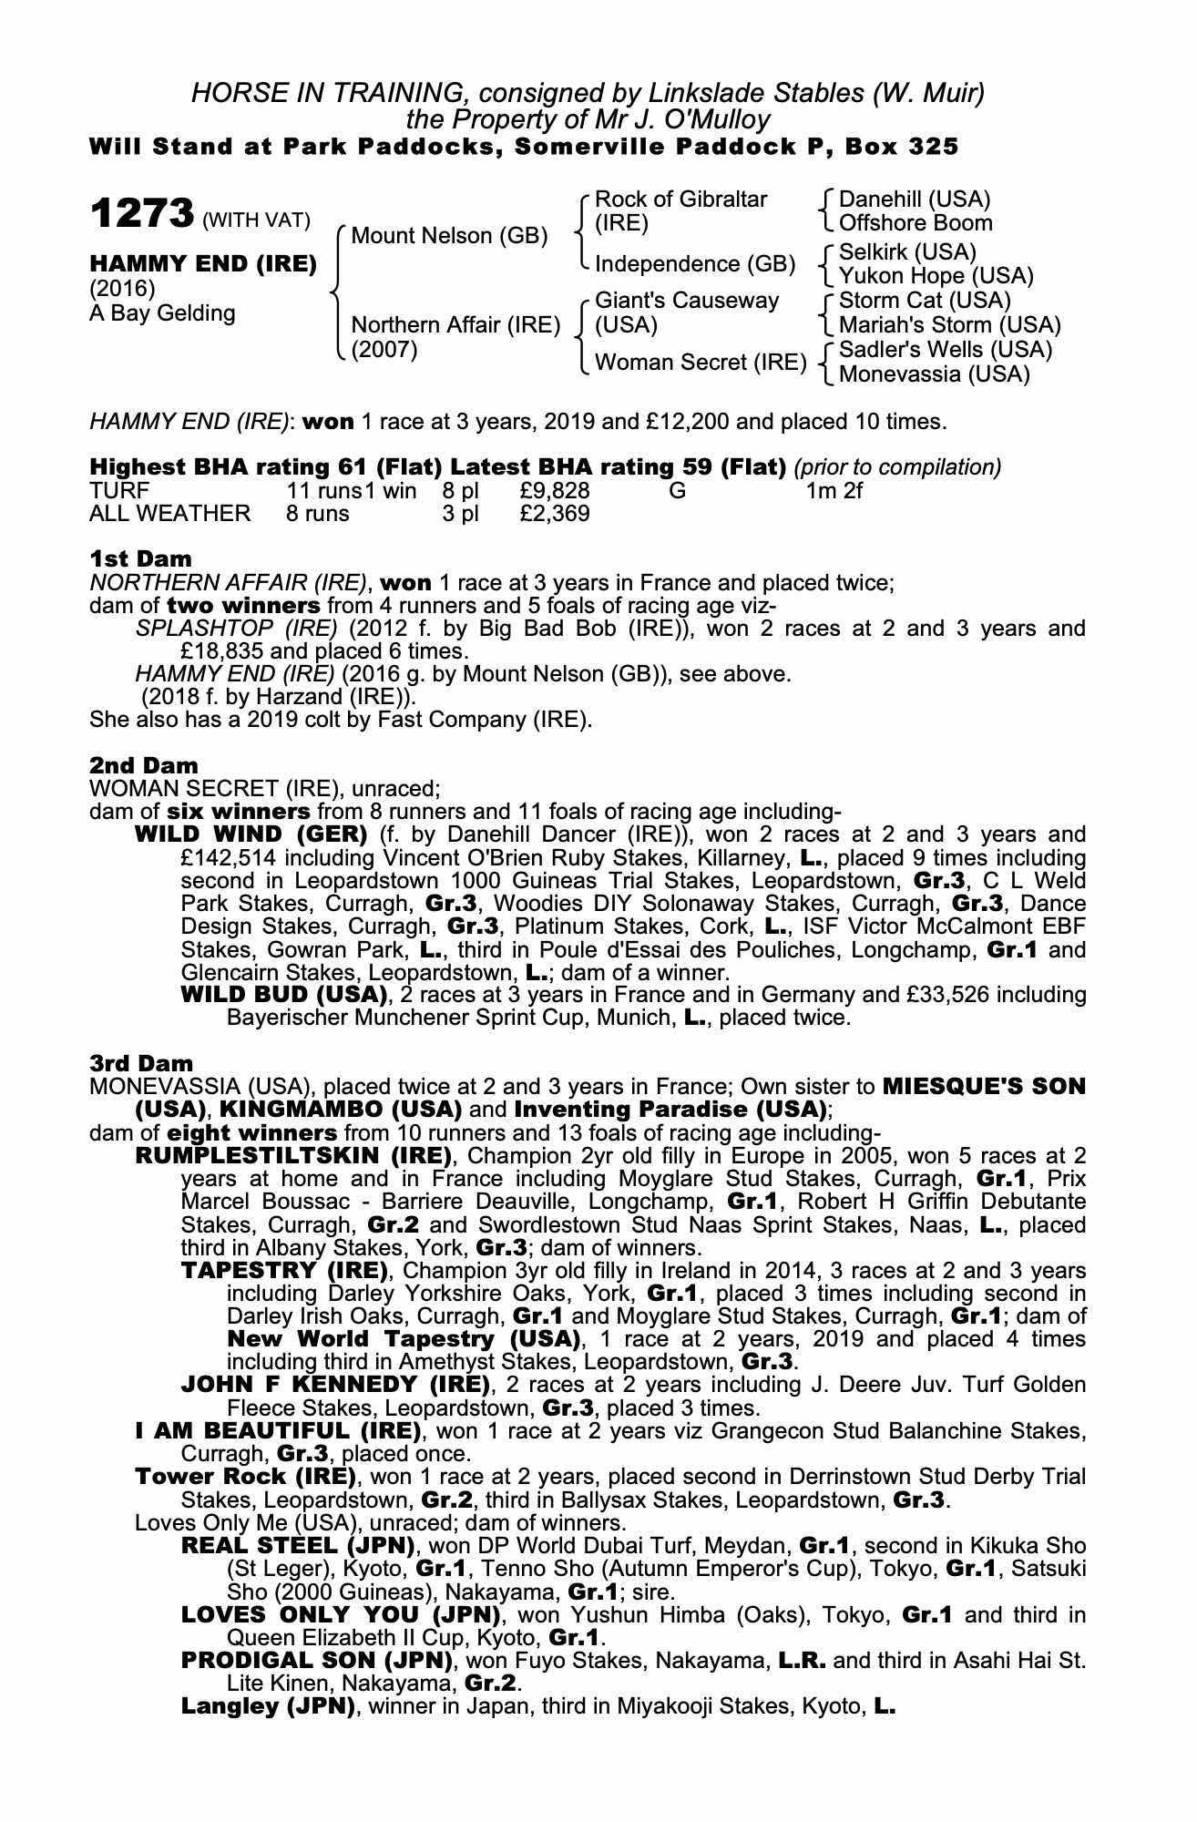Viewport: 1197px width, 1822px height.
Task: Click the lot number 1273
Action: (141, 215)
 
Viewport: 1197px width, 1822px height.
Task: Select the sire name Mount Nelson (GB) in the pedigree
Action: (449, 236)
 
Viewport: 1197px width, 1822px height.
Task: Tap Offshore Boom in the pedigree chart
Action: (916, 223)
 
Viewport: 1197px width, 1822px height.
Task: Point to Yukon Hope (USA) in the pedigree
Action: (936, 276)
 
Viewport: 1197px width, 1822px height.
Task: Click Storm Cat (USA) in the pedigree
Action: (925, 301)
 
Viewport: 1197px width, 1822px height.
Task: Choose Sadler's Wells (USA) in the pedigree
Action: (945, 350)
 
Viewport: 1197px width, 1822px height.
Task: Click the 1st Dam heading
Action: (140, 558)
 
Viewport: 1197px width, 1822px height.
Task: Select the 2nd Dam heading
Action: (143, 765)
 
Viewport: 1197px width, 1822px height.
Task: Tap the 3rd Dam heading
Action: (141, 1063)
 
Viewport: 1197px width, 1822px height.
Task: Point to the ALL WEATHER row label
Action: (169, 514)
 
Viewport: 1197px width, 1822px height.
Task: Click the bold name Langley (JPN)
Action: (268, 1706)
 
